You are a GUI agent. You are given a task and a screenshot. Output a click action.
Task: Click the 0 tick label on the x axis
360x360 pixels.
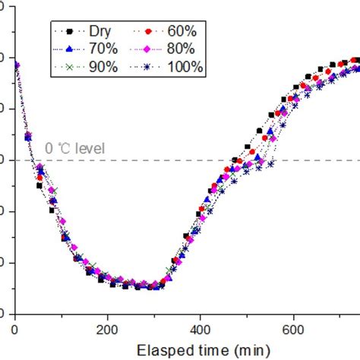[15, 329]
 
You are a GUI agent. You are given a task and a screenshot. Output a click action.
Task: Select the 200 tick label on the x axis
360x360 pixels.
[108, 329]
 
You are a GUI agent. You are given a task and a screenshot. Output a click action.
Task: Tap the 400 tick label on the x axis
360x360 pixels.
[201, 329]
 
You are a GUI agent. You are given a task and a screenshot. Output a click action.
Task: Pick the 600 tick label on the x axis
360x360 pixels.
[293, 329]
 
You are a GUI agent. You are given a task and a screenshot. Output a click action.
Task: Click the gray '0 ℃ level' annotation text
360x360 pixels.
[74, 149]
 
